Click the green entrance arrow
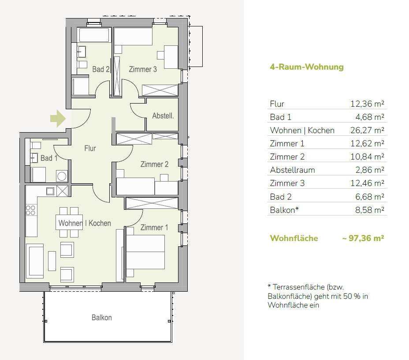click(x=58, y=119)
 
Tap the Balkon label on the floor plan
click(x=102, y=317)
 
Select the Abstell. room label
click(x=163, y=115)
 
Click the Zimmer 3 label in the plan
click(x=143, y=69)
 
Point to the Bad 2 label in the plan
click(x=100, y=69)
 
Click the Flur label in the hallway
click(x=90, y=148)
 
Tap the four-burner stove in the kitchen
click(x=30, y=210)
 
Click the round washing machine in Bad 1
click(x=62, y=176)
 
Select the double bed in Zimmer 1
click(x=145, y=252)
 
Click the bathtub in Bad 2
click(x=94, y=35)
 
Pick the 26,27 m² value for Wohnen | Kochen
click(x=367, y=130)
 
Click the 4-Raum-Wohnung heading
click(x=307, y=67)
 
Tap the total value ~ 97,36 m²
click(x=363, y=238)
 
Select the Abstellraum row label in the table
click(x=292, y=170)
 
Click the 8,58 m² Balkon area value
click(x=370, y=210)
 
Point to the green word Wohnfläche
click(x=294, y=238)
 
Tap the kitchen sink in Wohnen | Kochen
click(x=50, y=191)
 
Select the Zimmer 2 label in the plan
click(x=154, y=164)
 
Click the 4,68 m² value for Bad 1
click(x=370, y=117)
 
